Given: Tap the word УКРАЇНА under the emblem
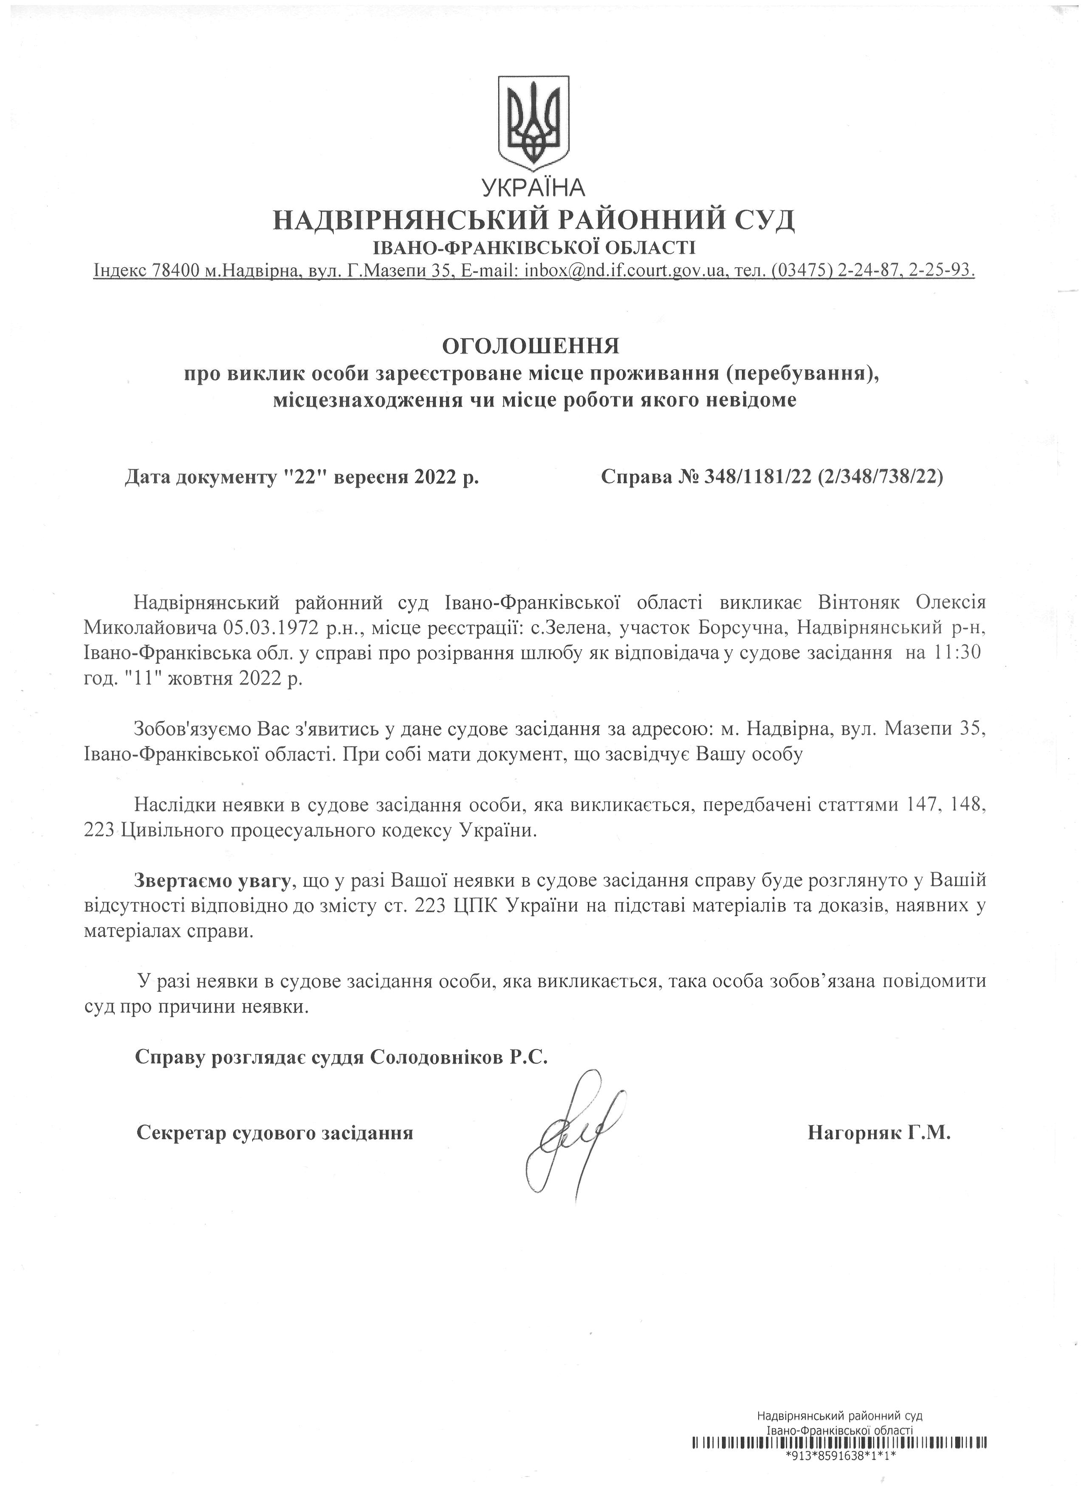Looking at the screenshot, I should pos(533,188).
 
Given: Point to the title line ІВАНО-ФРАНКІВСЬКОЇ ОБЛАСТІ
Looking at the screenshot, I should pos(533,247).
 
